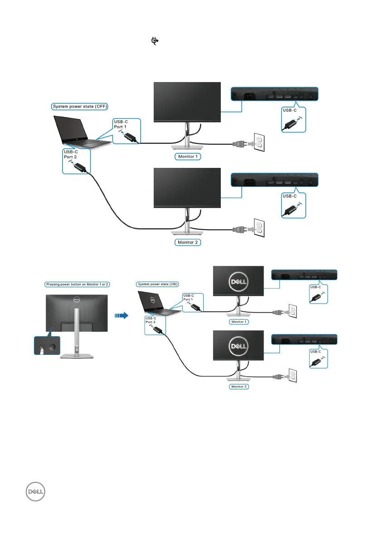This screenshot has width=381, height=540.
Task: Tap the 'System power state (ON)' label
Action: click(x=157, y=284)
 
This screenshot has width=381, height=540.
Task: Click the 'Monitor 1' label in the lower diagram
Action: click(x=239, y=321)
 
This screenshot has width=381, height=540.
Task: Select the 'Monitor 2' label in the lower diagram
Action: click(x=239, y=387)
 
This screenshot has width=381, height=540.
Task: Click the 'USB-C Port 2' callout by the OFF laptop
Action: click(x=76, y=162)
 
